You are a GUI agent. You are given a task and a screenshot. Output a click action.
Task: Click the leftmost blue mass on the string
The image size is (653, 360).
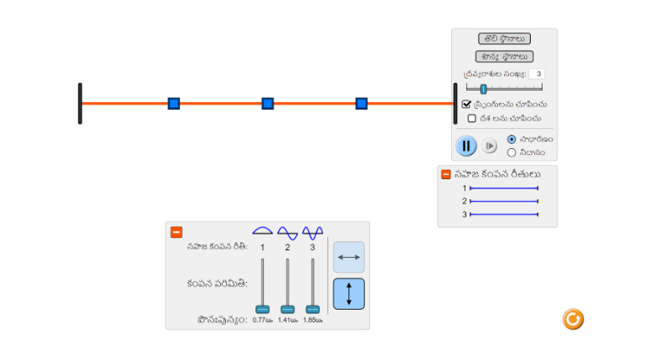point(173,103)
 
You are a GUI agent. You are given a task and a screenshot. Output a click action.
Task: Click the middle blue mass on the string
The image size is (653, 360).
point(268,103)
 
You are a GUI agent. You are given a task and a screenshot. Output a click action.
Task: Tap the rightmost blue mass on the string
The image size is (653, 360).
point(362,103)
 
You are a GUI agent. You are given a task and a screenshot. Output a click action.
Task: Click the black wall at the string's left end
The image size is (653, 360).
point(80,103)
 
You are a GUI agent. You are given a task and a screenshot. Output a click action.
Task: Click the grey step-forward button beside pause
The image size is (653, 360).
point(490,146)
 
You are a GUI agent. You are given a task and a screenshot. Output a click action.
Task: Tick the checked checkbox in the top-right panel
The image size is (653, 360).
point(466,104)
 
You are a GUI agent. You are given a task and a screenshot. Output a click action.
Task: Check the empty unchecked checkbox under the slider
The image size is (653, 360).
point(471,118)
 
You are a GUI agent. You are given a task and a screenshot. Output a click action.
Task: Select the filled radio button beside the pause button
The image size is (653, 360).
point(512,139)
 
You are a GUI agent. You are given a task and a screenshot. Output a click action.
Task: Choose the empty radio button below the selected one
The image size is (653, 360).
point(512,152)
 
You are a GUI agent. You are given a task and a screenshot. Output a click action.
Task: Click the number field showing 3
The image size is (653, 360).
point(536,74)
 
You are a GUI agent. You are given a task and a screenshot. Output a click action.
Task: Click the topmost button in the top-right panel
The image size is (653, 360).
point(504,39)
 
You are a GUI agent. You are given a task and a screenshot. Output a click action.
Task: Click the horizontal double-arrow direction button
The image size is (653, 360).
point(349,257)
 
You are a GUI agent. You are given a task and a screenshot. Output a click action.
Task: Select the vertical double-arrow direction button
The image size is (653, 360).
point(349,294)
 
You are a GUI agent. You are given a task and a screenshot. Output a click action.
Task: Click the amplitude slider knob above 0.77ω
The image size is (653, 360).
point(263,309)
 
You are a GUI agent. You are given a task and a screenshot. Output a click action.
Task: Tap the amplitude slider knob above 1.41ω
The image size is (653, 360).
point(287,309)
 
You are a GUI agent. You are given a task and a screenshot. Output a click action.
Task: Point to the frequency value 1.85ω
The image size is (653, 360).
point(312,320)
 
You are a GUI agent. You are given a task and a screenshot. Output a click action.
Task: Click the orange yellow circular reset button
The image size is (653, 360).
point(573,319)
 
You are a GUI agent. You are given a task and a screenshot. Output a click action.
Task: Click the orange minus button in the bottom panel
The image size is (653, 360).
point(177,232)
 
